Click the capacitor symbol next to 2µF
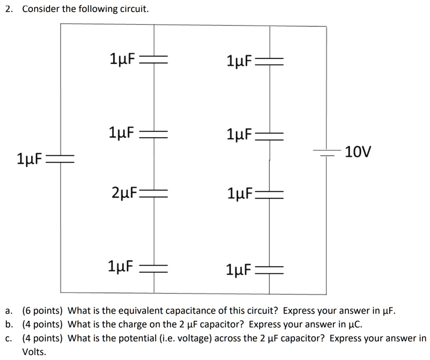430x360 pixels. click(x=154, y=194)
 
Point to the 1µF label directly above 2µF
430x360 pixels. click(x=121, y=133)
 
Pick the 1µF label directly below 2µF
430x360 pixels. click(x=121, y=266)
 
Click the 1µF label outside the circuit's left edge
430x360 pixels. click(x=29, y=159)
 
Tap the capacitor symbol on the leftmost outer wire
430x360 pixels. click(x=60, y=159)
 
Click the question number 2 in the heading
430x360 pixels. click(x=8, y=9)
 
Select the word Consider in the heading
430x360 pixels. click(x=41, y=9)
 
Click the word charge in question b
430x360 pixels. click(x=143, y=325)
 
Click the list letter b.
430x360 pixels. click(x=8, y=325)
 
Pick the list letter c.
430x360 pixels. click(x=8, y=338)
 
